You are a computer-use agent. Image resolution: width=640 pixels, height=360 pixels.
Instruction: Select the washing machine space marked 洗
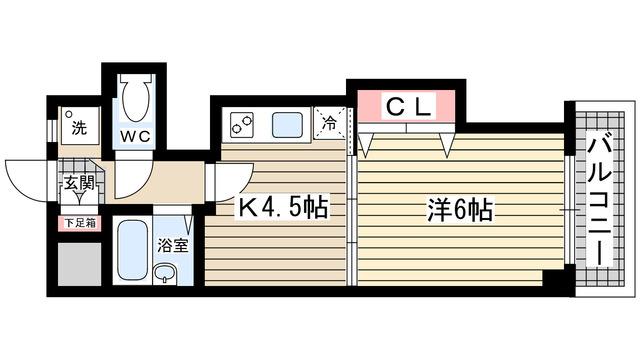pos(77,128)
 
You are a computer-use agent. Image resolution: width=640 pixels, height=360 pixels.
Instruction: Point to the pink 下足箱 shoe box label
pos(79,223)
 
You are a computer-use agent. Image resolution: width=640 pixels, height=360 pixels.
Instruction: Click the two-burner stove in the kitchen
pos(243,125)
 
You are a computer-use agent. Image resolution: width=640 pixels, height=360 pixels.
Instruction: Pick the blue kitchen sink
pos(287,125)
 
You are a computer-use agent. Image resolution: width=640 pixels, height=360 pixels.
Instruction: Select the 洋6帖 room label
pos(460,211)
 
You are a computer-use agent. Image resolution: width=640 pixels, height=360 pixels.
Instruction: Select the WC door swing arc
pos(129,178)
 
